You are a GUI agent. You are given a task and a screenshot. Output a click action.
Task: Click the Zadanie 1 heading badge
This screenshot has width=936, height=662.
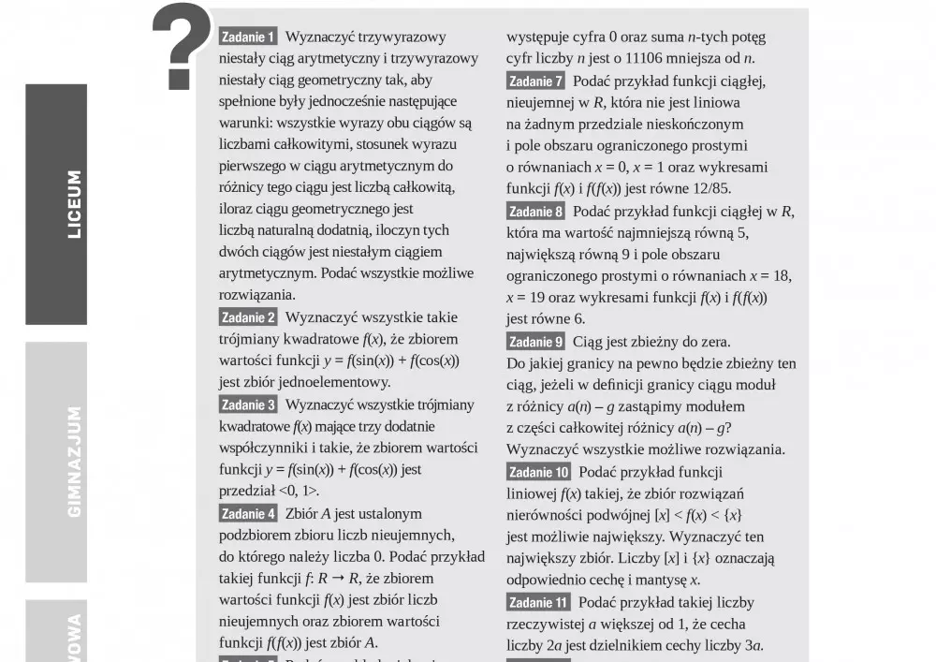click(x=248, y=37)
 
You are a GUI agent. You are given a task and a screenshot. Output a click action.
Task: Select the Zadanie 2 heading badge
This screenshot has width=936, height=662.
click(x=248, y=317)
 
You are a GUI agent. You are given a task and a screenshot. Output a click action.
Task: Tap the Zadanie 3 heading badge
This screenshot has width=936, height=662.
click(x=248, y=405)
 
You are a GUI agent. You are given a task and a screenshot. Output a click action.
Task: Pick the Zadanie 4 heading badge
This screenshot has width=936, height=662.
click(x=248, y=513)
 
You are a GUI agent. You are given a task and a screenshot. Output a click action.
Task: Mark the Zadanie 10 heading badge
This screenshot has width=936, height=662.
click(x=538, y=472)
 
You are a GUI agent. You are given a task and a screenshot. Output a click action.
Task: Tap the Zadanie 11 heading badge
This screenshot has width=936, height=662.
click(x=538, y=602)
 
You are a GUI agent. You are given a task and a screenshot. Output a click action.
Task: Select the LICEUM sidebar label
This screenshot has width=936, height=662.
click(x=74, y=203)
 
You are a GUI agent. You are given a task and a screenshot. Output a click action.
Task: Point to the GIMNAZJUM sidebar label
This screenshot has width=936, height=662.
click(x=74, y=462)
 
